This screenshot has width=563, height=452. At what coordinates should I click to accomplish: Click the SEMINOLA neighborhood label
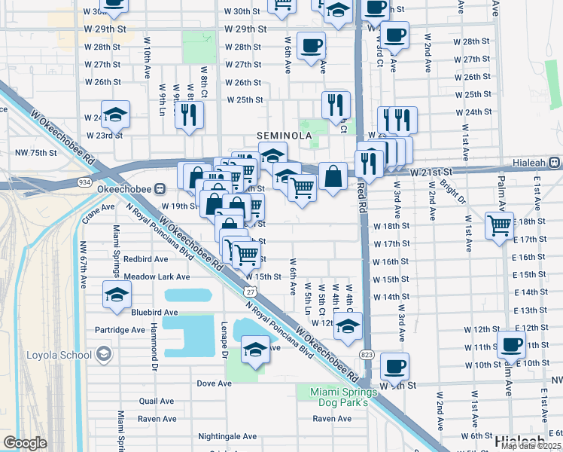[285, 135]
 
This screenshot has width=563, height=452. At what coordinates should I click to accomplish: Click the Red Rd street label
[362, 196]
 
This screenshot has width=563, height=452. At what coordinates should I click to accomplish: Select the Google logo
[25, 443]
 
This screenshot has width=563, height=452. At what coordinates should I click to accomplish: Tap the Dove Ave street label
[214, 383]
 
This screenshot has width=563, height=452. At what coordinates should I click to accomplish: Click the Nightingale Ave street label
[227, 436]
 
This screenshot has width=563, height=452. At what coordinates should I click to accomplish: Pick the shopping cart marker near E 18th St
[499, 224]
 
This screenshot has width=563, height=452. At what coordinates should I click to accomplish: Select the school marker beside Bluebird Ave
[116, 295]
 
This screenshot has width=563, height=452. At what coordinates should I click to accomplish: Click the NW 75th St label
[36, 153]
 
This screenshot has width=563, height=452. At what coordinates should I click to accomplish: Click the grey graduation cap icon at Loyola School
[102, 354]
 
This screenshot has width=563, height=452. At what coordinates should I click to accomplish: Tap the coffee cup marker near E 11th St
[511, 344]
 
